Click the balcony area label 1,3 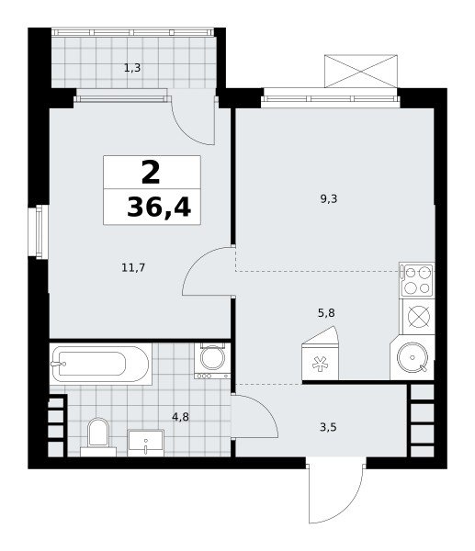[x=132, y=68]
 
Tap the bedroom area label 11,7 [x=133, y=268]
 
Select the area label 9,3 [x=328, y=199]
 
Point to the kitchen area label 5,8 [x=326, y=313]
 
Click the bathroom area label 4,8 [x=180, y=417]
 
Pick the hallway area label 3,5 [x=328, y=427]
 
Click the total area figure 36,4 [x=159, y=208]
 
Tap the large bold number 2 [x=151, y=172]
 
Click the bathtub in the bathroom [x=100, y=364]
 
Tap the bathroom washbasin [x=145, y=443]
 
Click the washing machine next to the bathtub [x=212, y=361]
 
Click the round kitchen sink [x=413, y=357]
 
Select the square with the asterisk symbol [x=320, y=362]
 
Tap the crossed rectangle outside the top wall [x=361, y=71]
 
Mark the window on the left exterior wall [x=39, y=232]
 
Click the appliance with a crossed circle [x=419, y=316]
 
